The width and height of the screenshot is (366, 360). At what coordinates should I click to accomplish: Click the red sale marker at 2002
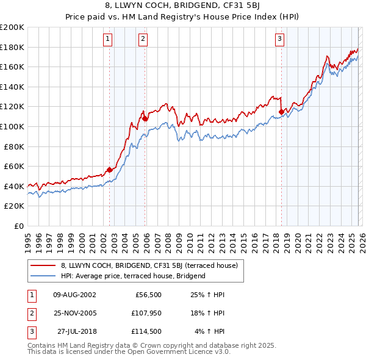tap(110, 170)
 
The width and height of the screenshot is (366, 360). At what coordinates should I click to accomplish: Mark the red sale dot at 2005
tap(145, 118)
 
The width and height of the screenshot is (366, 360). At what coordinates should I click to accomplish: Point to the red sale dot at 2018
tap(281, 112)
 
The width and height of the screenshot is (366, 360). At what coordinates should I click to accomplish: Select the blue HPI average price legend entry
tap(133, 276)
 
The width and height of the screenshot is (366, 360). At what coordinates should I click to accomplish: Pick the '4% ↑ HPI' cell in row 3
tap(210, 331)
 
